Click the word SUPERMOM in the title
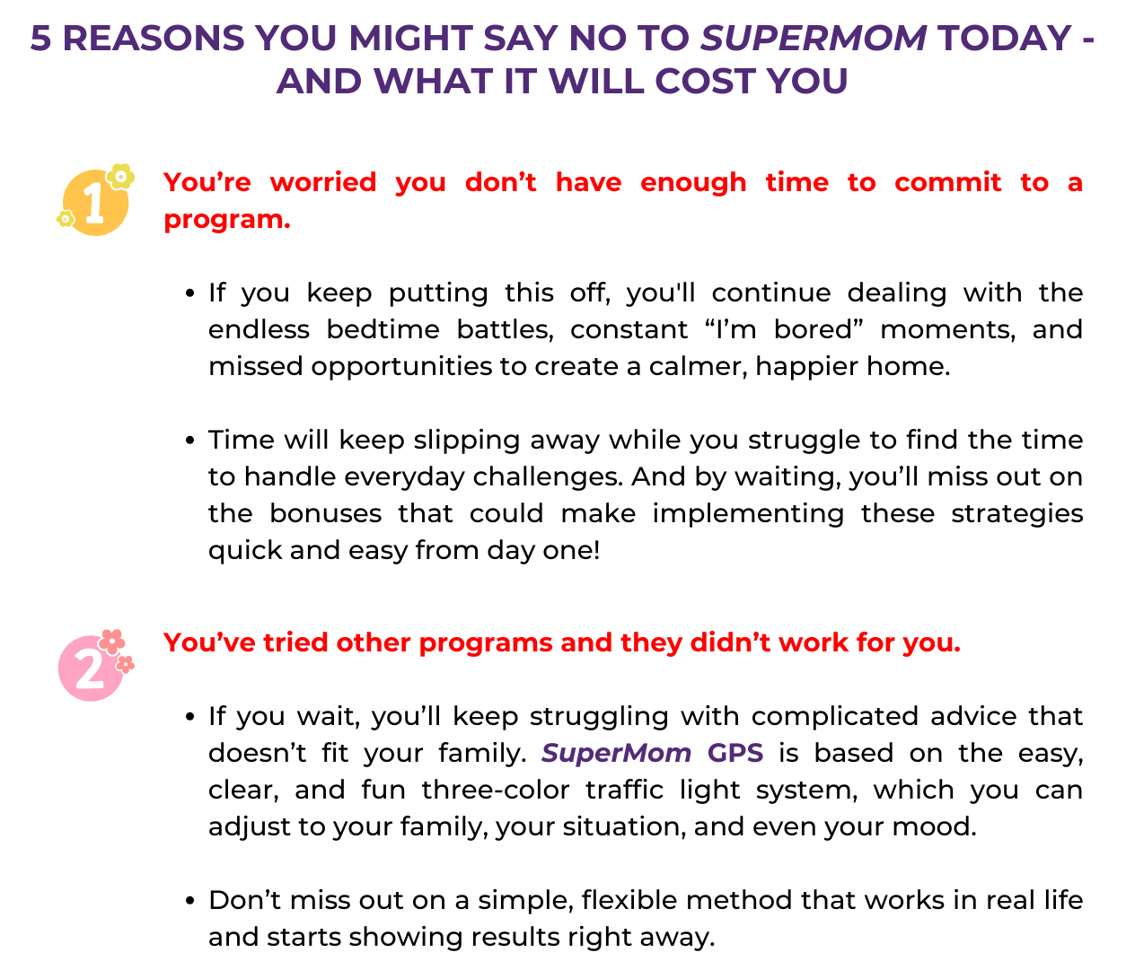(814, 38)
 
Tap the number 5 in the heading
(41, 38)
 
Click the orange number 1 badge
(96, 199)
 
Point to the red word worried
(323, 182)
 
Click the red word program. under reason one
(227, 220)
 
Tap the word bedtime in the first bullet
(383, 329)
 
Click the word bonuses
(326, 513)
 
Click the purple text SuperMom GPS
(652, 754)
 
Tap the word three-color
(496, 790)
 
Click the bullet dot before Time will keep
(189, 441)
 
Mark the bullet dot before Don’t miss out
(189, 901)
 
